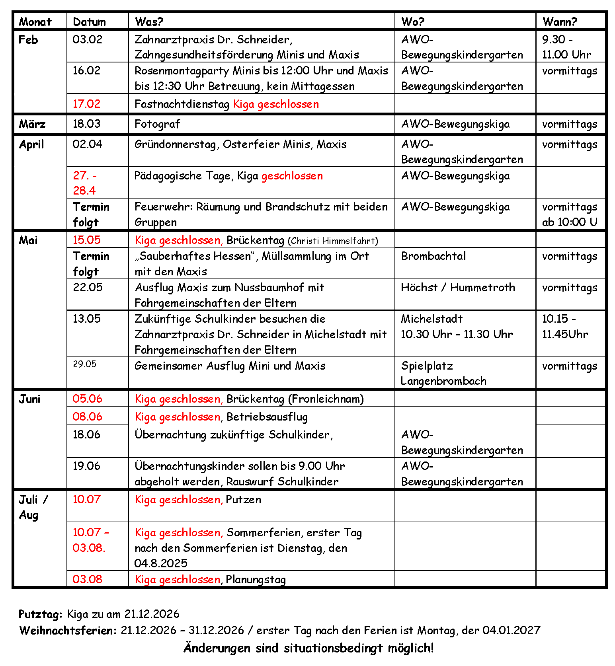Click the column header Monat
pyautogui.click(x=35, y=22)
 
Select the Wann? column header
pyautogui.click(x=559, y=22)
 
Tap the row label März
pyautogui.click(x=32, y=124)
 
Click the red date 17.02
pyautogui.click(x=86, y=104)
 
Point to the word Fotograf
pyautogui.click(x=157, y=124)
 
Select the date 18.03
pyautogui.click(x=86, y=124)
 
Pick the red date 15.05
pyautogui.click(x=87, y=240)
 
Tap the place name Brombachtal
pyautogui.click(x=433, y=256)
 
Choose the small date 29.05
pyautogui.click(x=84, y=364)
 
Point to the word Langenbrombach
pyautogui.click(x=443, y=381)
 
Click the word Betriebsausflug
pyautogui.click(x=267, y=417)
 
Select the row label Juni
pyautogui.click(x=30, y=399)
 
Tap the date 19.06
pyautogui.click(x=86, y=466)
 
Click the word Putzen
pyautogui.click(x=243, y=500)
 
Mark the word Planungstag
pyautogui.click(x=256, y=580)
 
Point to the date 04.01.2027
pyautogui.click(x=511, y=631)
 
